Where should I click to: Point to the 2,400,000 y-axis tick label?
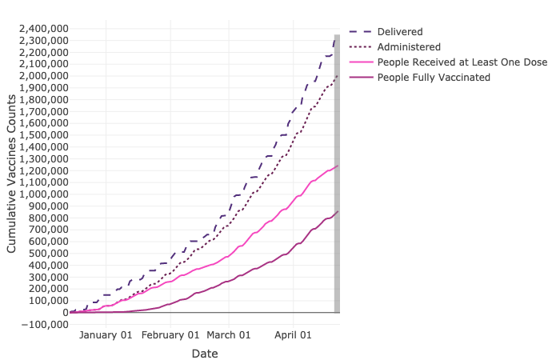(40, 28)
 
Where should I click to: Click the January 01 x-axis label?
(106, 335)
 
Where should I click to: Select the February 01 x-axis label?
(170, 335)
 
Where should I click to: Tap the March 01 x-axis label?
(229, 335)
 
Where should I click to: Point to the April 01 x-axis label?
(293, 335)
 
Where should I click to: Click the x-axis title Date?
(204, 353)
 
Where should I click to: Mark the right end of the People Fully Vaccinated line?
(337, 211)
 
